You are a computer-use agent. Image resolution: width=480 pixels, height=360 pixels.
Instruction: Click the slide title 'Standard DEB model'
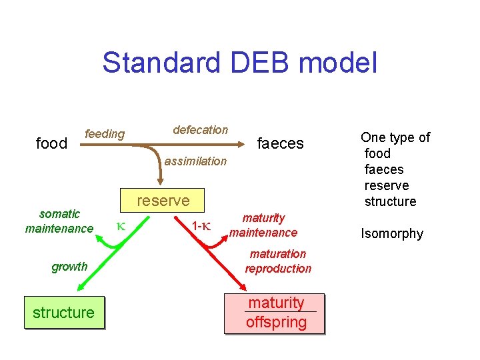pyautogui.click(x=240, y=63)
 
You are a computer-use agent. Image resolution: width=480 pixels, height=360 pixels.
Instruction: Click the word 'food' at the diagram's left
pyautogui.click(x=51, y=143)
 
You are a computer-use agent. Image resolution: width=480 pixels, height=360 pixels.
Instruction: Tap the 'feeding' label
pyautogui.click(x=105, y=134)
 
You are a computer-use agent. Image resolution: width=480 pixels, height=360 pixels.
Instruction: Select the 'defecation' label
pyautogui.click(x=200, y=130)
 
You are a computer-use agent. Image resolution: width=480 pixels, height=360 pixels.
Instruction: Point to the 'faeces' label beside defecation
pyautogui.click(x=280, y=143)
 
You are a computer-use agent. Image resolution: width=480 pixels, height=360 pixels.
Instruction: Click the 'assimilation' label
pyautogui.click(x=195, y=161)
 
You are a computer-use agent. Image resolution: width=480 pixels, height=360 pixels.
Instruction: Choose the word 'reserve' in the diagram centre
pyautogui.click(x=163, y=201)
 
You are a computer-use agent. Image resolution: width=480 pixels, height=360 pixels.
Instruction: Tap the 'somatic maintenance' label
pyautogui.click(x=59, y=221)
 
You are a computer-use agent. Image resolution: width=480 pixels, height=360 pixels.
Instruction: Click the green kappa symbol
pyautogui.click(x=121, y=226)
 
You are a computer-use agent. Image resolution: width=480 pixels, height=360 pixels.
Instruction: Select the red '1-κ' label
pyautogui.click(x=201, y=226)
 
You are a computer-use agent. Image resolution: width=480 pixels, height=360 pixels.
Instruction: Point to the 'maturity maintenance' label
pyautogui.click(x=263, y=225)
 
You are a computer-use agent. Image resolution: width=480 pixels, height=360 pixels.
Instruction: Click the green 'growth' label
pyautogui.click(x=69, y=267)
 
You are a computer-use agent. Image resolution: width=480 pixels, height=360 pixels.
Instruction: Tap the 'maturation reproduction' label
pyautogui.click(x=278, y=261)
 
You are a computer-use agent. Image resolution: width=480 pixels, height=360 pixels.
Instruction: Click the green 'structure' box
pyautogui.click(x=64, y=313)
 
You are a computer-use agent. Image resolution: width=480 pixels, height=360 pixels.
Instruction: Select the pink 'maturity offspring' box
pyautogui.click(x=276, y=313)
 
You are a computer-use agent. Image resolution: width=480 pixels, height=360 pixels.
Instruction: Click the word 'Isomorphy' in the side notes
pyautogui.click(x=392, y=233)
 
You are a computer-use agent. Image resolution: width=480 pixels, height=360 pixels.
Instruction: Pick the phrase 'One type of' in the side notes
pyautogui.click(x=395, y=137)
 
